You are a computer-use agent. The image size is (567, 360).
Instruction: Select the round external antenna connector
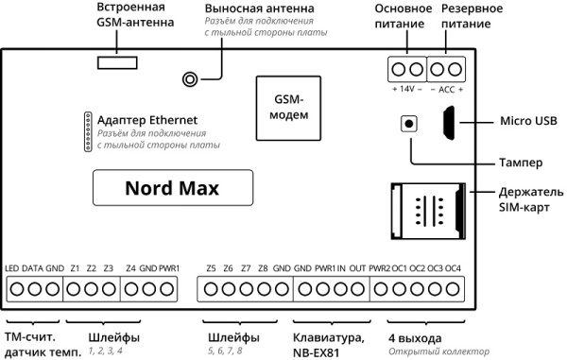click(x=190, y=80)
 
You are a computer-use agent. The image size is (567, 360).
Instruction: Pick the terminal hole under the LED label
click(x=13, y=289)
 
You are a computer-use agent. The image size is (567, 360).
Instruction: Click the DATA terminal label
click(x=33, y=268)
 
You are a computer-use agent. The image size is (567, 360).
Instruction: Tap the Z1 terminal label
click(x=75, y=268)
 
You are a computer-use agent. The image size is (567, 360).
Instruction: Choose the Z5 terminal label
click(x=210, y=268)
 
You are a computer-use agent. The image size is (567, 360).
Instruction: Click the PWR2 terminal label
click(x=380, y=268)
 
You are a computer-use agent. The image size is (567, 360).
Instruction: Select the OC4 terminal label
click(x=454, y=268)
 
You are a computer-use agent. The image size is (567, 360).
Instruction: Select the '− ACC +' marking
click(x=448, y=88)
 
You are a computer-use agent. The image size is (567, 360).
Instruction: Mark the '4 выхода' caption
click(x=414, y=337)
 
